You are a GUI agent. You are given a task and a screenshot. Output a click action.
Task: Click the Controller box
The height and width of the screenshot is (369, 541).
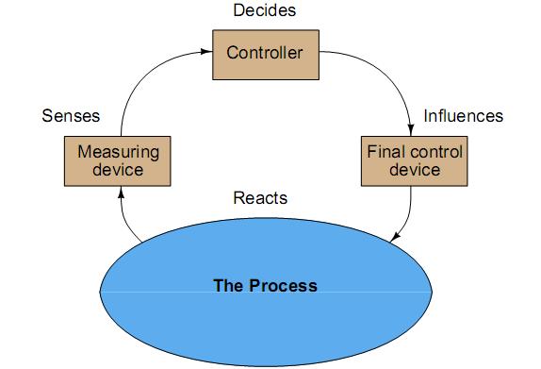pyautogui.click(x=265, y=54)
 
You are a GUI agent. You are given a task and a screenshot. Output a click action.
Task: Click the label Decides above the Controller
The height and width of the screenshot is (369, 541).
pyautogui.click(x=264, y=12)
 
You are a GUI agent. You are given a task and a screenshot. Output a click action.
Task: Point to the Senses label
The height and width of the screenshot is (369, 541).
pyautogui.click(x=71, y=117)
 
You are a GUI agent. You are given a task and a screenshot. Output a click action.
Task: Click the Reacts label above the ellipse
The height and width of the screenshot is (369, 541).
pyautogui.click(x=259, y=199)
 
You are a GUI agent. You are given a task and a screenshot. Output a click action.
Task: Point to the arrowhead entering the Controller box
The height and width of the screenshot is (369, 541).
pyautogui.click(x=207, y=54)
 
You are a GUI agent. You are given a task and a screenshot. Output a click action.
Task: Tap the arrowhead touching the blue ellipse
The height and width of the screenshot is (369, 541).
pyautogui.click(x=395, y=237)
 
